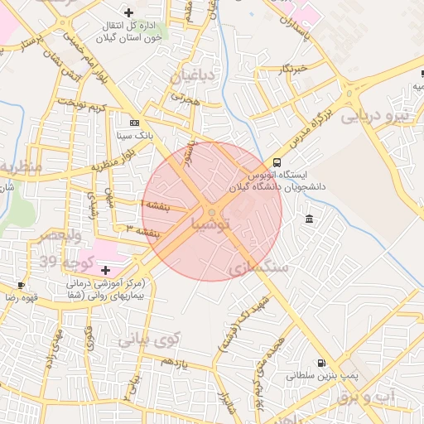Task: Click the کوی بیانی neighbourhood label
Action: [148, 338]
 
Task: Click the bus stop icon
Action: [277, 162]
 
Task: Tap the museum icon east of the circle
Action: [309, 219]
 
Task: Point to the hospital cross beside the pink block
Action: [105, 270]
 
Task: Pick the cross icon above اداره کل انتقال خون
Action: [128, 12]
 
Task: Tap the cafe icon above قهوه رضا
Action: [21, 285]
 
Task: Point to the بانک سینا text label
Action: [132, 133]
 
